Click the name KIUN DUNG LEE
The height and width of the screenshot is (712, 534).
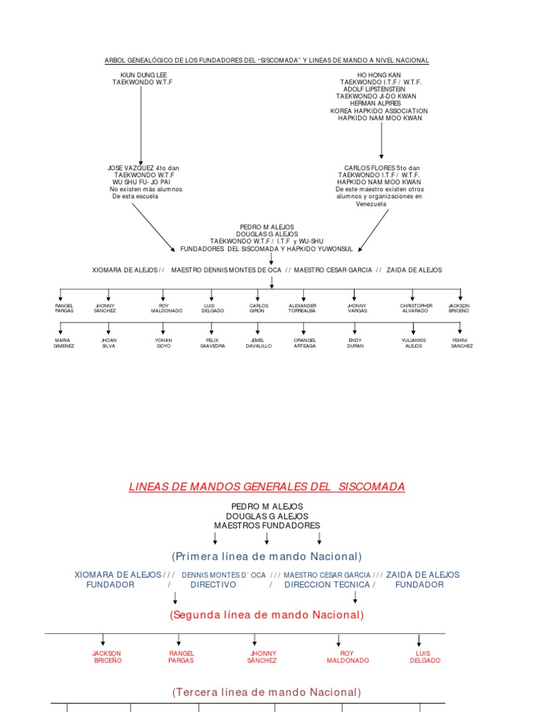(x=143, y=74)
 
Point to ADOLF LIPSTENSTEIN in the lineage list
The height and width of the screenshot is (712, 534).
(x=380, y=89)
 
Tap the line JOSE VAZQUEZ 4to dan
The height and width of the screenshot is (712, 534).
(x=143, y=168)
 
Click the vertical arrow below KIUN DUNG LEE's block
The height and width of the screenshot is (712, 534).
(x=141, y=125)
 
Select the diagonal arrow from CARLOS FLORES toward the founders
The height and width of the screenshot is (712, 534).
(x=374, y=229)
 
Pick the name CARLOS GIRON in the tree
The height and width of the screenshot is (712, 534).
(x=258, y=308)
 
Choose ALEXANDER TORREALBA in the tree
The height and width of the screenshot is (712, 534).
(x=302, y=308)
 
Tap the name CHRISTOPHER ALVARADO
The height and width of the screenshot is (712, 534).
(x=416, y=308)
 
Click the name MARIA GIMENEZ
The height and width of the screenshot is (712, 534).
(x=63, y=343)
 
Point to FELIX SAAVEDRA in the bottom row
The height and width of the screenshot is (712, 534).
(x=212, y=343)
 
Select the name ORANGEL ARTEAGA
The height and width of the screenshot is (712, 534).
(x=305, y=343)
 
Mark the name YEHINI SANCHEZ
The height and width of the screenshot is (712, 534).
(x=461, y=343)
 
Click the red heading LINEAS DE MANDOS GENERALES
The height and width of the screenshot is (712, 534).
(x=266, y=487)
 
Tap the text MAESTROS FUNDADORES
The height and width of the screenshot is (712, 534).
(x=267, y=526)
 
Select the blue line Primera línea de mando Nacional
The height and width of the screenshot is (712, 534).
(x=267, y=556)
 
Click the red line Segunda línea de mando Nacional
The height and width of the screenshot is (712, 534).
(x=267, y=615)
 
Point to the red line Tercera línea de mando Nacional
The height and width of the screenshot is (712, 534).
(x=267, y=692)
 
